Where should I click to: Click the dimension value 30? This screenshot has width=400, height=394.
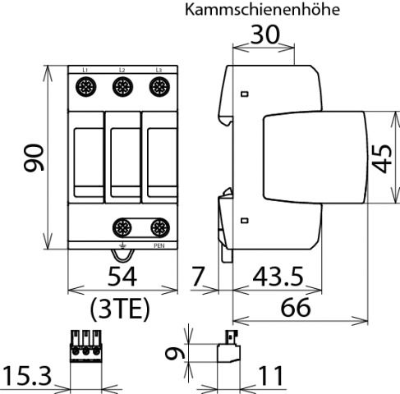click(x=264, y=37)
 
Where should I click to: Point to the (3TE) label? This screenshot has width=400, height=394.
click(x=122, y=310)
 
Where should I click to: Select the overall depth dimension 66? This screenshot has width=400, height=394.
click(x=299, y=309)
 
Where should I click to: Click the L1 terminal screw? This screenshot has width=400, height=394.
click(x=85, y=86)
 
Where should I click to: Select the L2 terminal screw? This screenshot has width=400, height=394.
click(x=122, y=86)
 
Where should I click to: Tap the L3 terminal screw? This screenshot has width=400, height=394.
click(x=159, y=86)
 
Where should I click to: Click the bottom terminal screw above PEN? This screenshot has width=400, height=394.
click(x=160, y=227)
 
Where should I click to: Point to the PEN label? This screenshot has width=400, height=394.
click(x=160, y=245)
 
